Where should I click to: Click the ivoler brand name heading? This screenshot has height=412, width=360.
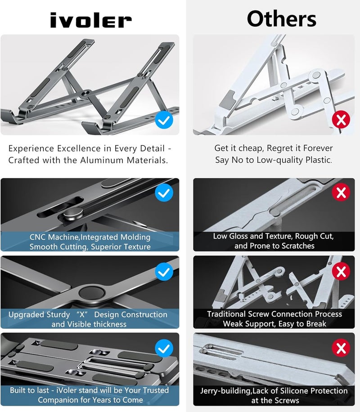pyautogui.click(x=90, y=20)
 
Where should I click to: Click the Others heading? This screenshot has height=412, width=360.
pyautogui.click(x=281, y=19)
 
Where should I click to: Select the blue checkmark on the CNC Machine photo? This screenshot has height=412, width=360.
pyautogui.click(x=164, y=193)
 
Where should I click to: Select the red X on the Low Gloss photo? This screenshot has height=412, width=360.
pyautogui.click(x=341, y=193)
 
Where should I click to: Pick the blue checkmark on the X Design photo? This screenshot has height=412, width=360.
pyautogui.click(x=164, y=271)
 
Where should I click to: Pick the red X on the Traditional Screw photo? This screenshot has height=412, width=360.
pyautogui.click(x=341, y=271)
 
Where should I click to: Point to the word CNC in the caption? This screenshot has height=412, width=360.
pyautogui.click(x=39, y=237)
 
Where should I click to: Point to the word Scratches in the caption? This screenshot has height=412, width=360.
pyautogui.click(x=296, y=246)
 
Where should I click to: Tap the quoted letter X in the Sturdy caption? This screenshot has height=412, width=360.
pyautogui.click(x=82, y=314)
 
